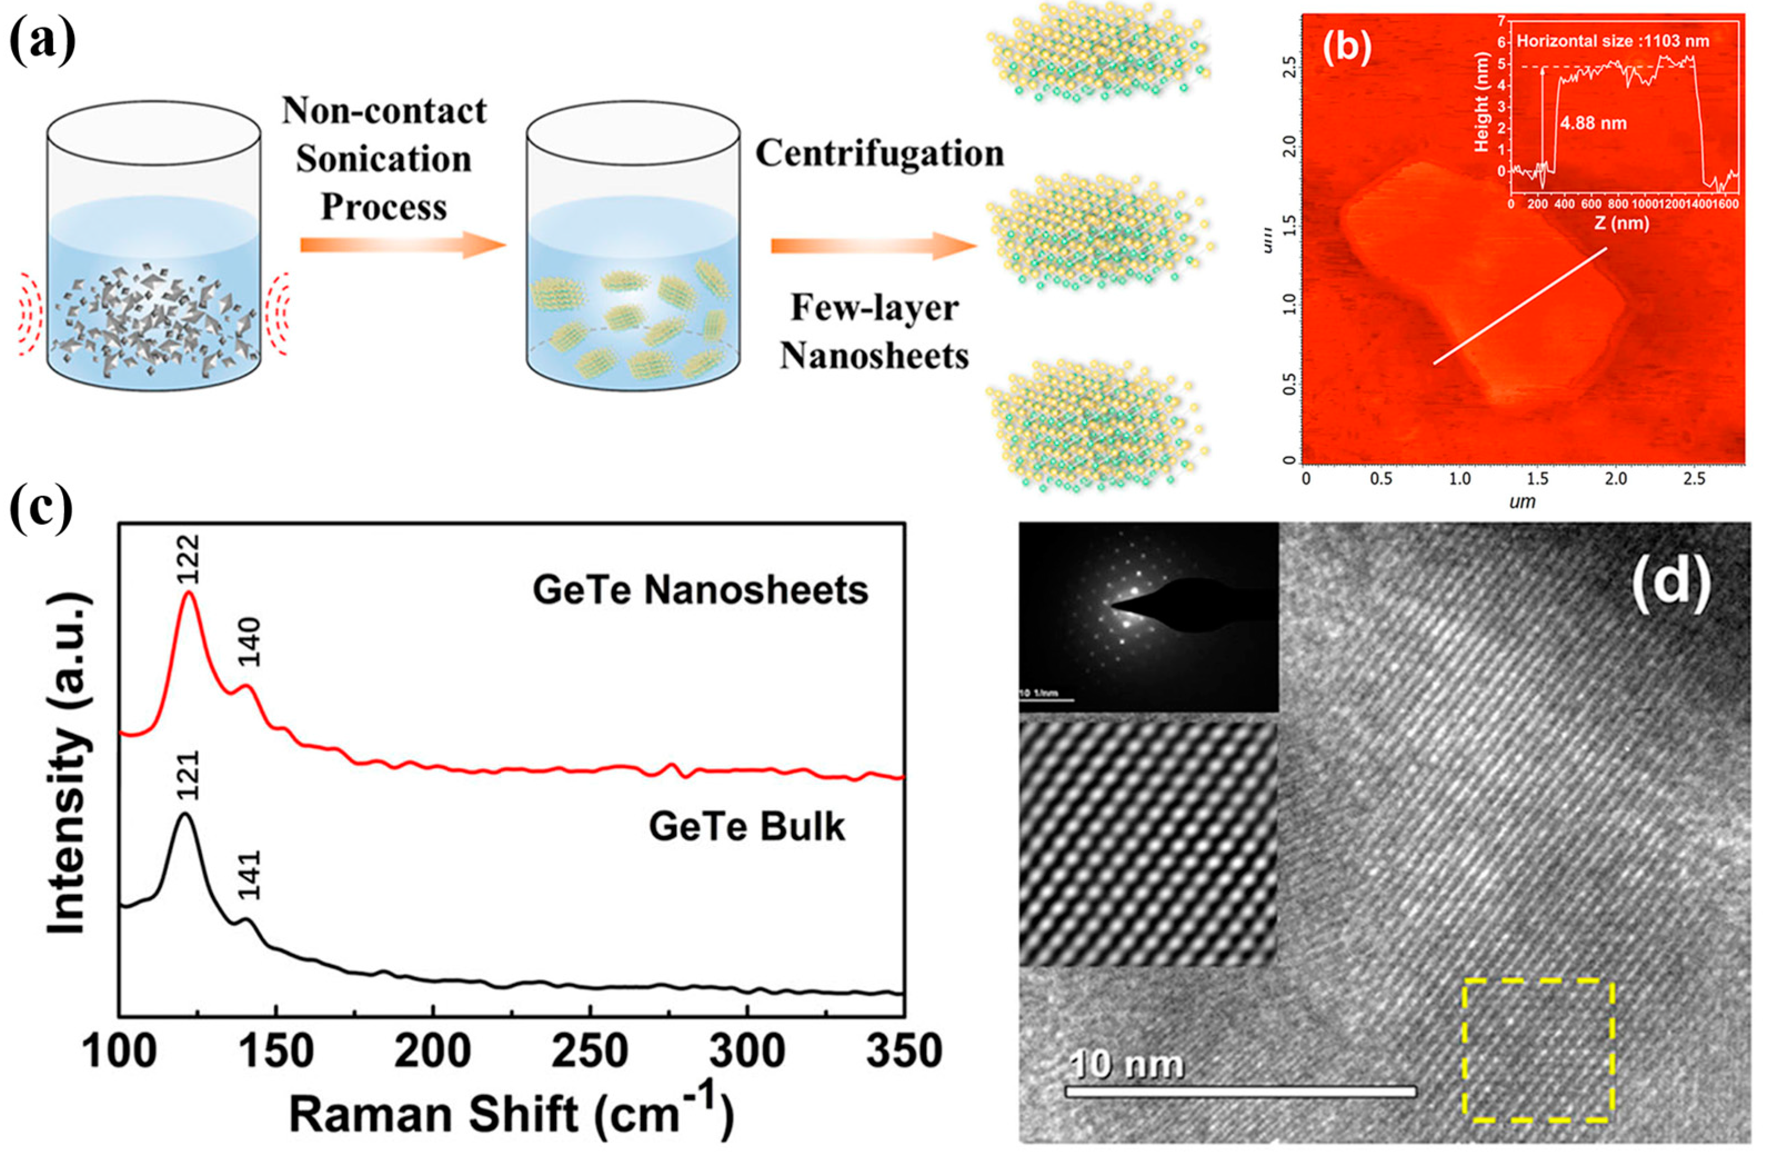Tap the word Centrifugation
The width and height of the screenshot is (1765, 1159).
(879, 154)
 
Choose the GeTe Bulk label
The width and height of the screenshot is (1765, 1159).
(746, 827)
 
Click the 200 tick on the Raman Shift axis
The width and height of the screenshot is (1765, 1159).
(433, 1051)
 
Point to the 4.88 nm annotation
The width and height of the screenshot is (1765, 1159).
(1593, 123)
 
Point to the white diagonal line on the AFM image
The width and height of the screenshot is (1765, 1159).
(1520, 305)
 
